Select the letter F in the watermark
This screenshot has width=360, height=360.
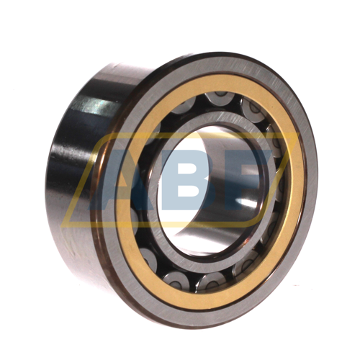[248, 176]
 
